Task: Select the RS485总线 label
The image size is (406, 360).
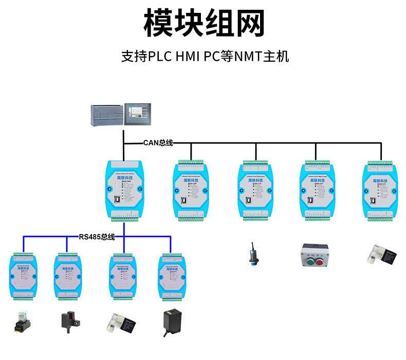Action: [97, 237]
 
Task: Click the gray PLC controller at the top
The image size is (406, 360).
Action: [107, 116]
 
